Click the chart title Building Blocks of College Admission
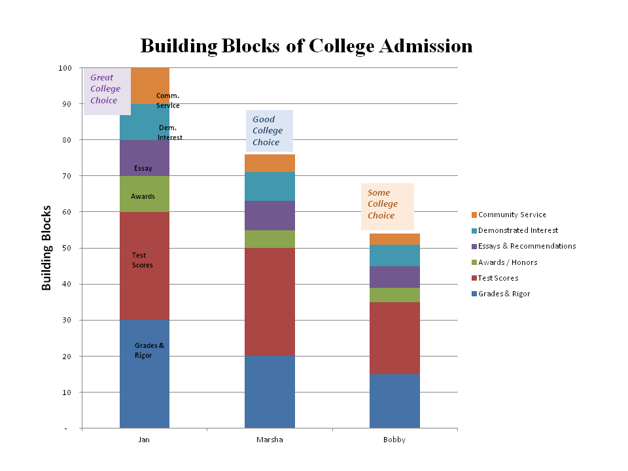(306, 46)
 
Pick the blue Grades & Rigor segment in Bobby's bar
(394, 401)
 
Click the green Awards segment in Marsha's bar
(270, 239)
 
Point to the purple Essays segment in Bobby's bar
(394, 277)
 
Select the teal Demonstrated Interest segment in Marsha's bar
(270, 186)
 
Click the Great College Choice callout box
(107, 90)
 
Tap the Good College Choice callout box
(269, 131)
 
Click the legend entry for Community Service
(512, 215)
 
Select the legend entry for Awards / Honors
(507, 262)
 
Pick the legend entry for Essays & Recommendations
(527, 246)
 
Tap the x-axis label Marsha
(270, 440)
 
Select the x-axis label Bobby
(394, 440)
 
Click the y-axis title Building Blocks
(46, 248)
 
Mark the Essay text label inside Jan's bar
(143, 169)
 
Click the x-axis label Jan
(144, 440)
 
